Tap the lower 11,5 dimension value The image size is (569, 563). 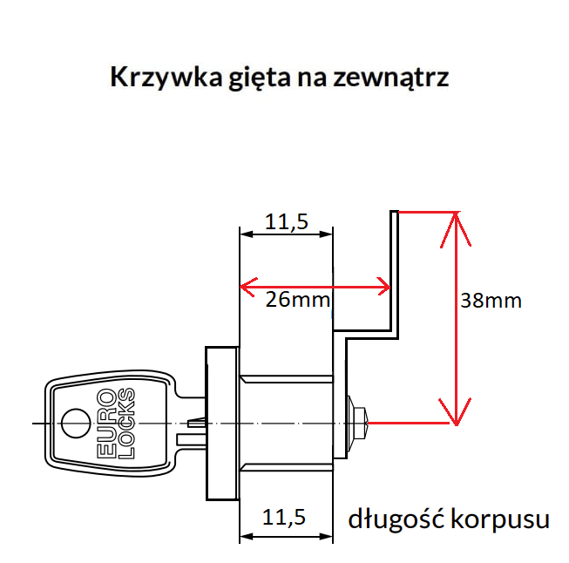[287, 519]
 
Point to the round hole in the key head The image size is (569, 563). [75, 424]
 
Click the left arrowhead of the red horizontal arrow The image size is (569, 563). [248, 285]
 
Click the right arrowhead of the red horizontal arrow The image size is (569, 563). [383, 285]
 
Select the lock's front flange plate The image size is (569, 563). [221, 423]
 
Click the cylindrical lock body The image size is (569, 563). [286, 423]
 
